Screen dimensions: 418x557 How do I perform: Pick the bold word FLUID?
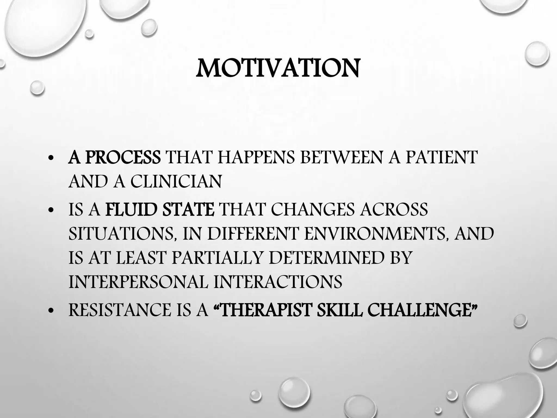(x=130, y=210)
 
